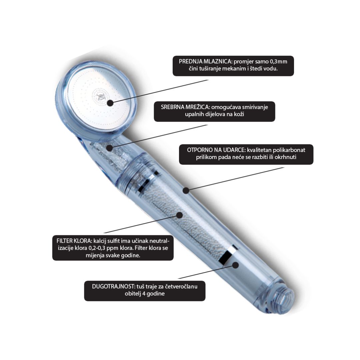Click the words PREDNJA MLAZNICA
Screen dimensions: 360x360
[205, 62]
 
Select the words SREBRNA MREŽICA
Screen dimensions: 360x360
[185, 107]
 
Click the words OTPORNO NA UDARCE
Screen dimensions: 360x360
[216, 150]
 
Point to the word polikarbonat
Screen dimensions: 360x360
[289, 150]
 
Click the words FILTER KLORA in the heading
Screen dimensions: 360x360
[74, 241]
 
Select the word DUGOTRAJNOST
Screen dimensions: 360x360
[113, 287]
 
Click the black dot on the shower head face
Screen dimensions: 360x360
[110, 103]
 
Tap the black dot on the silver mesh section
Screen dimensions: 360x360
[110, 148]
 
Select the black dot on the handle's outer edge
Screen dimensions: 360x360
[186, 190]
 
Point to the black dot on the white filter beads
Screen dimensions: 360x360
[179, 215]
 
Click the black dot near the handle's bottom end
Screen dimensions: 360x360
[235, 265]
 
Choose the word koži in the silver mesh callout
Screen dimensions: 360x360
[239, 114]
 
